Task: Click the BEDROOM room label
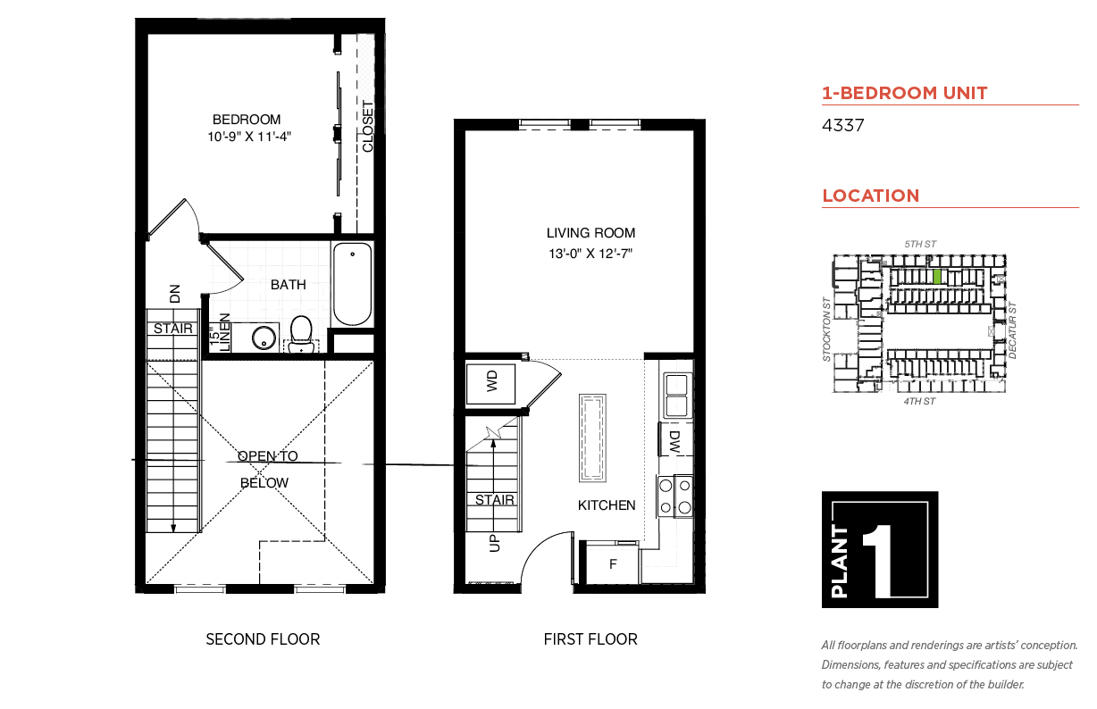[247, 120]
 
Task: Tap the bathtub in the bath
[352, 284]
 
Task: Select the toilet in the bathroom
[301, 334]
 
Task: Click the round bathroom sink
[264, 338]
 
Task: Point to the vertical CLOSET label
[367, 126]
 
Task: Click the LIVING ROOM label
[590, 233]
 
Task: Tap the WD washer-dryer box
[490, 384]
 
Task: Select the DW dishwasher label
[674, 442]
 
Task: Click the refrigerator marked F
[612, 563]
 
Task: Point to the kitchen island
[592, 438]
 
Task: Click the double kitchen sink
[678, 396]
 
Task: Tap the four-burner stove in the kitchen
[674, 496]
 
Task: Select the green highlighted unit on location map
[937, 277]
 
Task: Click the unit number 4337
[842, 126]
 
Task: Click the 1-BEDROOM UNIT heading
[905, 93]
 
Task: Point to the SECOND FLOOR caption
[263, 639]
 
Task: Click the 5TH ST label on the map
[920, 244]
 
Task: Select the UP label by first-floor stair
[495, 543]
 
